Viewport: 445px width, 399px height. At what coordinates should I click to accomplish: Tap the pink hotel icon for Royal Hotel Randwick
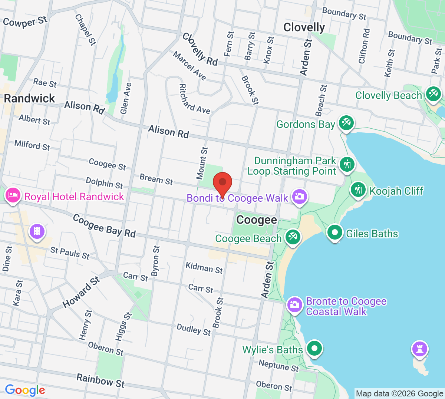(13, 195)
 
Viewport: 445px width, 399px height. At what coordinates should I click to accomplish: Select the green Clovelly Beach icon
(433, 93)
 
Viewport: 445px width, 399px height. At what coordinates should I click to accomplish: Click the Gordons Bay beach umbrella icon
(346, 122)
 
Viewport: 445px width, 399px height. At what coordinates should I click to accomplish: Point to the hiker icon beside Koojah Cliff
(358, 190)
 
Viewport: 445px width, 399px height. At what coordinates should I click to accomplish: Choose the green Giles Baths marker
(335, 233)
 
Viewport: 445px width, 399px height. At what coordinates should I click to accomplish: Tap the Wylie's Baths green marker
(314, 349)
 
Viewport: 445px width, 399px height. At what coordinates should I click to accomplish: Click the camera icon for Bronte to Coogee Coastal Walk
(295, 305)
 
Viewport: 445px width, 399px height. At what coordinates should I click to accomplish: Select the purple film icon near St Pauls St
(37, 231)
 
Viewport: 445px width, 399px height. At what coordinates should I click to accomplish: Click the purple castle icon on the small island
(420, 349)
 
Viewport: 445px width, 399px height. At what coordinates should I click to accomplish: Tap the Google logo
(25, 390)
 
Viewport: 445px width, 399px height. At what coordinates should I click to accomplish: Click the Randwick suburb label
(29, 99)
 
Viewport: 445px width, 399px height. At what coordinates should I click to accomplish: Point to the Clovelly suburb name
(304, 27)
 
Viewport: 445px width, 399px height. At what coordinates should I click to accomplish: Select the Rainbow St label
(100, 381)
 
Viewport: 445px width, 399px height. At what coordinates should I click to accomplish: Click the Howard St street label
(81, 292)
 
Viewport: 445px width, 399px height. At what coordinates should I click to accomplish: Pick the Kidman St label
(204, 268)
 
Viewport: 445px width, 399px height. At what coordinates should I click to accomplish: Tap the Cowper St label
(25, 22)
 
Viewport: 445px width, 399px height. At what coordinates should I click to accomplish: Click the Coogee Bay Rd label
(104, 226)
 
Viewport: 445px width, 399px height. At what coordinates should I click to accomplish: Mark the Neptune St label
(278, 366)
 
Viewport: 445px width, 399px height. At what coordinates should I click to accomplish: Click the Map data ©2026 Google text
(399, 393)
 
